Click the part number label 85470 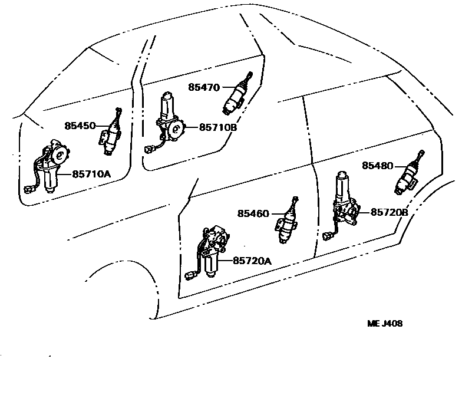pos(204,87)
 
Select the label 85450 pos(80,126)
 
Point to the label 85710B pos(219,127)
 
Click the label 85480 pos(378,166)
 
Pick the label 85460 pos(253,213)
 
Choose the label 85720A pos(252,260)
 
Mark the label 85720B pos(390,212)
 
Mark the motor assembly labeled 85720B pos(344,203)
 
